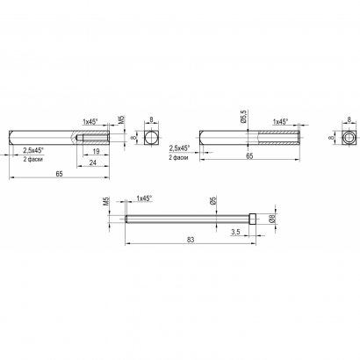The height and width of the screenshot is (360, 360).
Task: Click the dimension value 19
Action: pyautogui.click(x=96, y=151)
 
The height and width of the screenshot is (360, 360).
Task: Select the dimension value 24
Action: pyautogui.click(x=93, y=162)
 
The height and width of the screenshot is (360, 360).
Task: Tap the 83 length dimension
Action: pyautogui.click(x=191, y=240)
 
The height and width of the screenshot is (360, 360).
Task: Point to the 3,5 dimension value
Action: pyautogui.click(x=235, y=232)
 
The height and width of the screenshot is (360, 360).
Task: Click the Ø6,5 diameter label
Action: pyautogui.click(x=245, y=117)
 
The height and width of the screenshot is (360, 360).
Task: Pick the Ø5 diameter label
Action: pyautogui.click(x=213, y=200)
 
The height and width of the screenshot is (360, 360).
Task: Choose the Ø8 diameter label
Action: pyautogui.click(x=272, y=219)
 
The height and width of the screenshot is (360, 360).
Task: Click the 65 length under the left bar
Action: pyautogui.click(x=59, y=174)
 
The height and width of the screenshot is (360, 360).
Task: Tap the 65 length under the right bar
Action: pyautogui.click(x=249, y=156)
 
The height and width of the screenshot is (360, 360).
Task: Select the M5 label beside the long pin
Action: pyautogui.click(x=106, y=201)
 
